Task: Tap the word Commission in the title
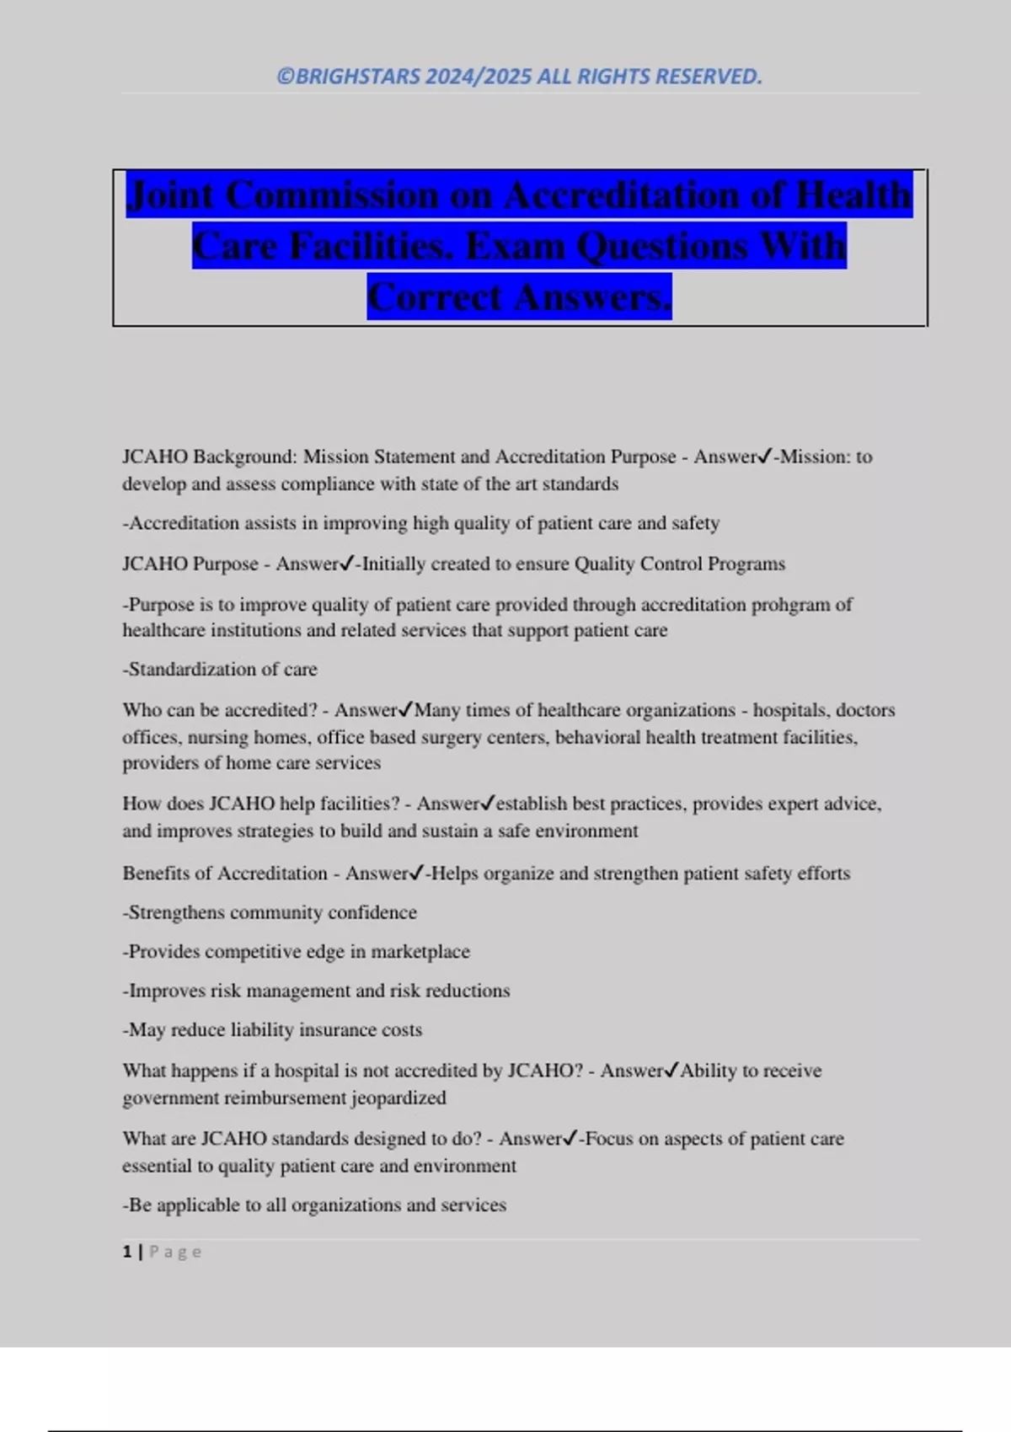point(333,195)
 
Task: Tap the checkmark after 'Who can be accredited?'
point(407,710)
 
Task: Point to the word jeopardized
point(399,1098)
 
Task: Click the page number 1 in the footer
point(127,1252)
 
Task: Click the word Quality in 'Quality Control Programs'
point(604,564)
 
